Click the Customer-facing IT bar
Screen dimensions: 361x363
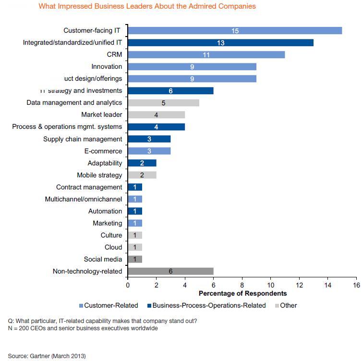[235, 31]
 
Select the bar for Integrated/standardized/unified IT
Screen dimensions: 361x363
[220, 43]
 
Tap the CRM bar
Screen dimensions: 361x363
[206, 55]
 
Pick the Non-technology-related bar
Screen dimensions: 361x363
[170, 271]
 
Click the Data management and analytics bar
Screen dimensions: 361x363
[163, 102]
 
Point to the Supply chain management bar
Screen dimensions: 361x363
[149, 139]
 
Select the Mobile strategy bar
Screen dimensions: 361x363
[142, 175]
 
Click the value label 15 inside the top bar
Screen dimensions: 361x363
[235, 31]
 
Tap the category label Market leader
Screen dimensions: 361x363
[101, 114]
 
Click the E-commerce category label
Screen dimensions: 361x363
[104, 151]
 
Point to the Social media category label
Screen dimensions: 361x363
[103, 259]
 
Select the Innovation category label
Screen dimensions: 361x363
[107, 66]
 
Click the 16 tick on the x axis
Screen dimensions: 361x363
[356, 285]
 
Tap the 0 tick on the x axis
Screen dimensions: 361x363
[127, 285]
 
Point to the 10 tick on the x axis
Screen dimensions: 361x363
[271, 285]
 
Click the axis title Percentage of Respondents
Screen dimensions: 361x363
[242, 293]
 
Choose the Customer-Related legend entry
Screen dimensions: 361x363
[111, 305]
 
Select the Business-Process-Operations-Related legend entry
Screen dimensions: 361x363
[208, 305]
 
